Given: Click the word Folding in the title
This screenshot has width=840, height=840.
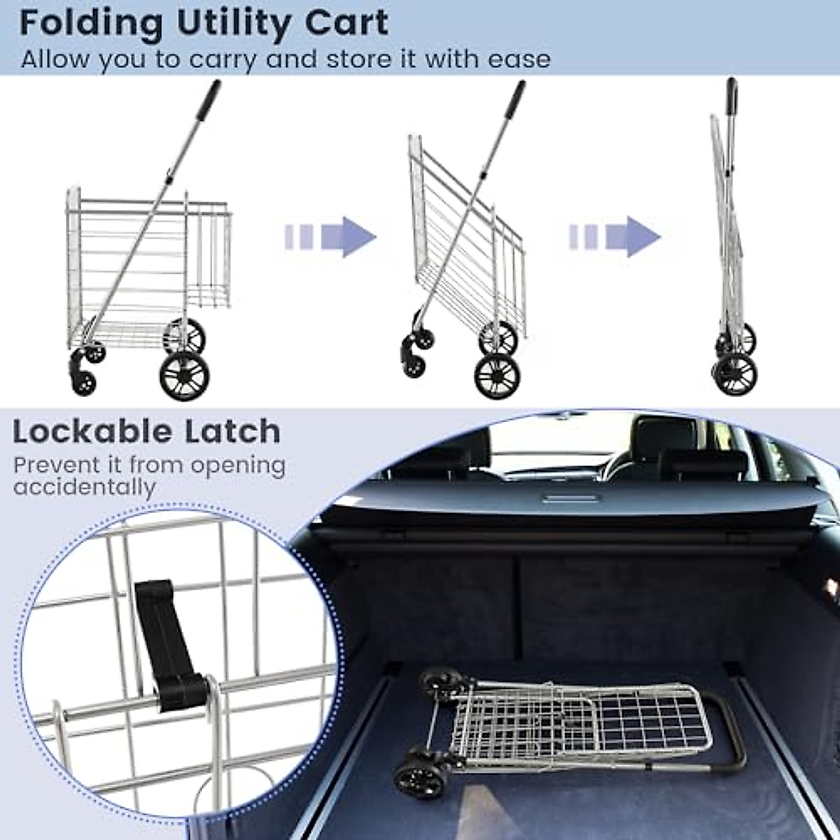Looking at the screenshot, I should [91, 24].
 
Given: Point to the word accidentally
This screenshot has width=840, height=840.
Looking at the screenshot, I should [84, 487].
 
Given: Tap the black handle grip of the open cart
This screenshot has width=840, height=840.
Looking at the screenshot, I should [208, 100].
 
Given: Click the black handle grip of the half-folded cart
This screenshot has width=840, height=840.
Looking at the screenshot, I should [512, 101].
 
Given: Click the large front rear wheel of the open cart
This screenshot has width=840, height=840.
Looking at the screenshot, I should [184, 375].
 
